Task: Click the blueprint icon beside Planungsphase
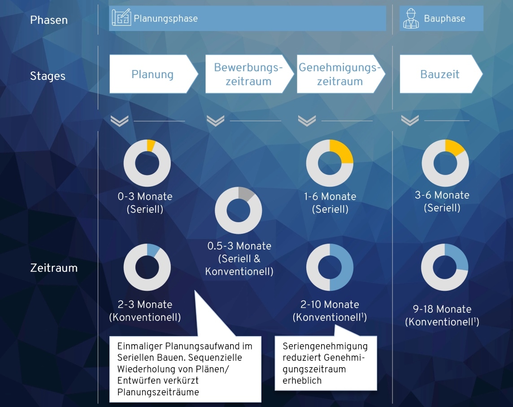(121, 18)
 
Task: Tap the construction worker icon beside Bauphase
(411, 19)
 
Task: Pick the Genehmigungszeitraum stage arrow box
(341, 74)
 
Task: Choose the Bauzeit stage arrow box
(441, 74)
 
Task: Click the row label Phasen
(49, 20)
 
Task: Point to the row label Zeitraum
(54, 268)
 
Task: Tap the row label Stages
(48, 76)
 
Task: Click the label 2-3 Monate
(145, 304)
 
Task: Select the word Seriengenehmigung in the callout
(325, 346)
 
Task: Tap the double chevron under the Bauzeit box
(410, 120)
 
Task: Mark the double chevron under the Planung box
(119, 121)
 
